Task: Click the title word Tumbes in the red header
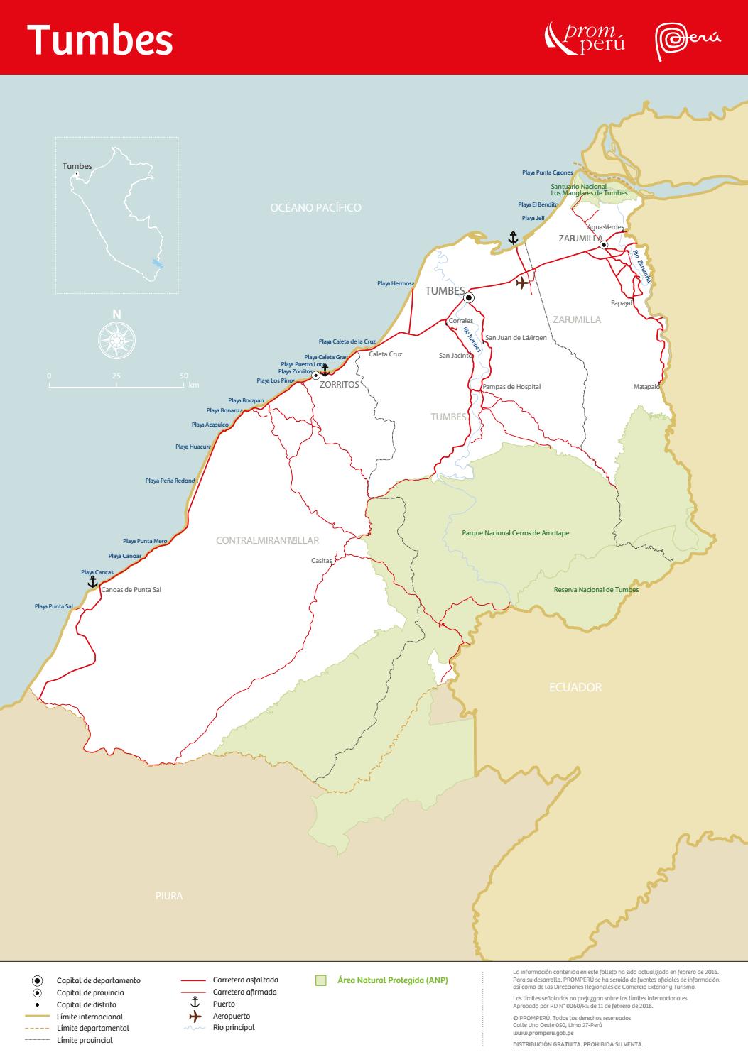(x=100, y=40)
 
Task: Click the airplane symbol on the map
(x=523, y=283)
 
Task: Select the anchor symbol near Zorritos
(x=325, y=370)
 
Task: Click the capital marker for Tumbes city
(x=469, y=298)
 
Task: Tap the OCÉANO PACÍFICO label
(x=315, y=208)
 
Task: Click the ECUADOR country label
(x=575, y=687)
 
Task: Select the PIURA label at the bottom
(x=169, y=896)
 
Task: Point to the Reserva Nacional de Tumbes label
(x=596, y=590)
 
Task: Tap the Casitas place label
(x=322, y=561)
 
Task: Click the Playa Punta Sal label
(x=54, y=606)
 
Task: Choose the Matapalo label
(x=646, y=387)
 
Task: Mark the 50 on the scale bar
(x=184, y=376)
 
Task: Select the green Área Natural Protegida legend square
(x=321, y=980)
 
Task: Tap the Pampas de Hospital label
(x=511, y=387)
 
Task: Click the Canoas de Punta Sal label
(x=131, y=589)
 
